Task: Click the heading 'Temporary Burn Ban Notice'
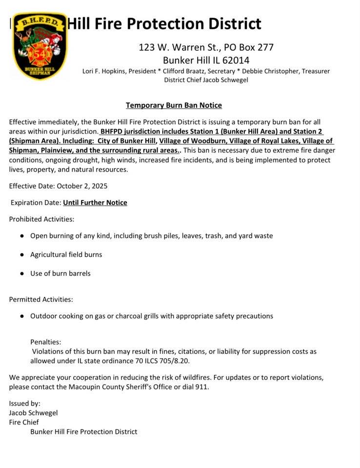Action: (174, 105)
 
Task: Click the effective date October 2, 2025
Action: (82, 186)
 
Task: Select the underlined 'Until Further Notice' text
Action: (95, 202)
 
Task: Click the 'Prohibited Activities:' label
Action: (41, 219)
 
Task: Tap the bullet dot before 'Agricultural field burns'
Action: (22, 255)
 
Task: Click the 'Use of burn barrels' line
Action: (60, 273)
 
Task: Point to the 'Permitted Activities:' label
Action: (41, 299)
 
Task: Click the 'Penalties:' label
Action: (46, 342)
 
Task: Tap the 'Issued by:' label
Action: (24, 403)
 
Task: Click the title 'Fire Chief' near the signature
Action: (24, 422)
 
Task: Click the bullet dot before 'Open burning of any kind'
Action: (22, 236)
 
